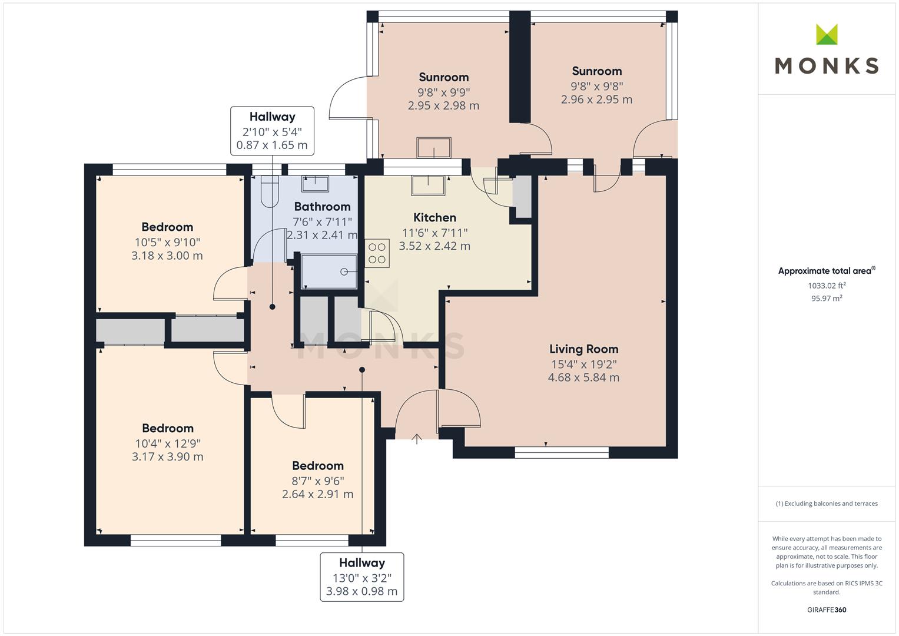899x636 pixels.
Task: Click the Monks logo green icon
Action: tap(826, 34)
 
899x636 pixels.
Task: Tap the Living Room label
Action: tap(583, 349)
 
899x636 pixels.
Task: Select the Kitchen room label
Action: tap(434, 217)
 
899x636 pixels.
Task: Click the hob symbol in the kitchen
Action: tap(377, 253)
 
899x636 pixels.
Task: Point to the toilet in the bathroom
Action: tap(269, 191)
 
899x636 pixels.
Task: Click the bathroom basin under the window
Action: tap(315, 183)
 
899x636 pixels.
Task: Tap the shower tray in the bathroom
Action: tap(329, 271)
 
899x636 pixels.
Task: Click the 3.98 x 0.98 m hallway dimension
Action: tap(361, 591)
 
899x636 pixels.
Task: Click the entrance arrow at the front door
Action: tap(417, 439)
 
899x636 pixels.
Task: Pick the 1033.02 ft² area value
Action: tap(827, 286)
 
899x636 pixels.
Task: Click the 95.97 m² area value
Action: tap(827, 299)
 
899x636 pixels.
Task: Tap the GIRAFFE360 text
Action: tap(827, 609)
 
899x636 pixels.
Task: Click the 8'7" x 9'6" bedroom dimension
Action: tap(317, 481)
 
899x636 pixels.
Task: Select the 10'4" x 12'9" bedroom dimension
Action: tap(167, 443)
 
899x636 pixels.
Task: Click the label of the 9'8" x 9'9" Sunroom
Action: tap(443, 77)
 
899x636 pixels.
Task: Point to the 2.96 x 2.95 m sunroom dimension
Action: tap(596, 100)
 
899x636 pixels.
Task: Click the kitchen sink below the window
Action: tap(428, 185)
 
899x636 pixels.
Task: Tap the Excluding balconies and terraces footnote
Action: tap(827, 503)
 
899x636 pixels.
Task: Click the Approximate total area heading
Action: tap(825, 271)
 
